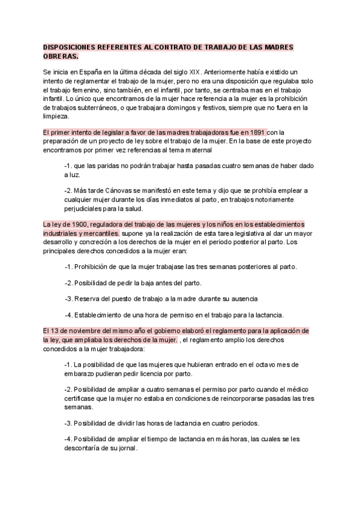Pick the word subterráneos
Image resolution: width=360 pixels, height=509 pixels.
[x=92, y=107]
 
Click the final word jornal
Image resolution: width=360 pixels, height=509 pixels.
[x=128, y=448]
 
